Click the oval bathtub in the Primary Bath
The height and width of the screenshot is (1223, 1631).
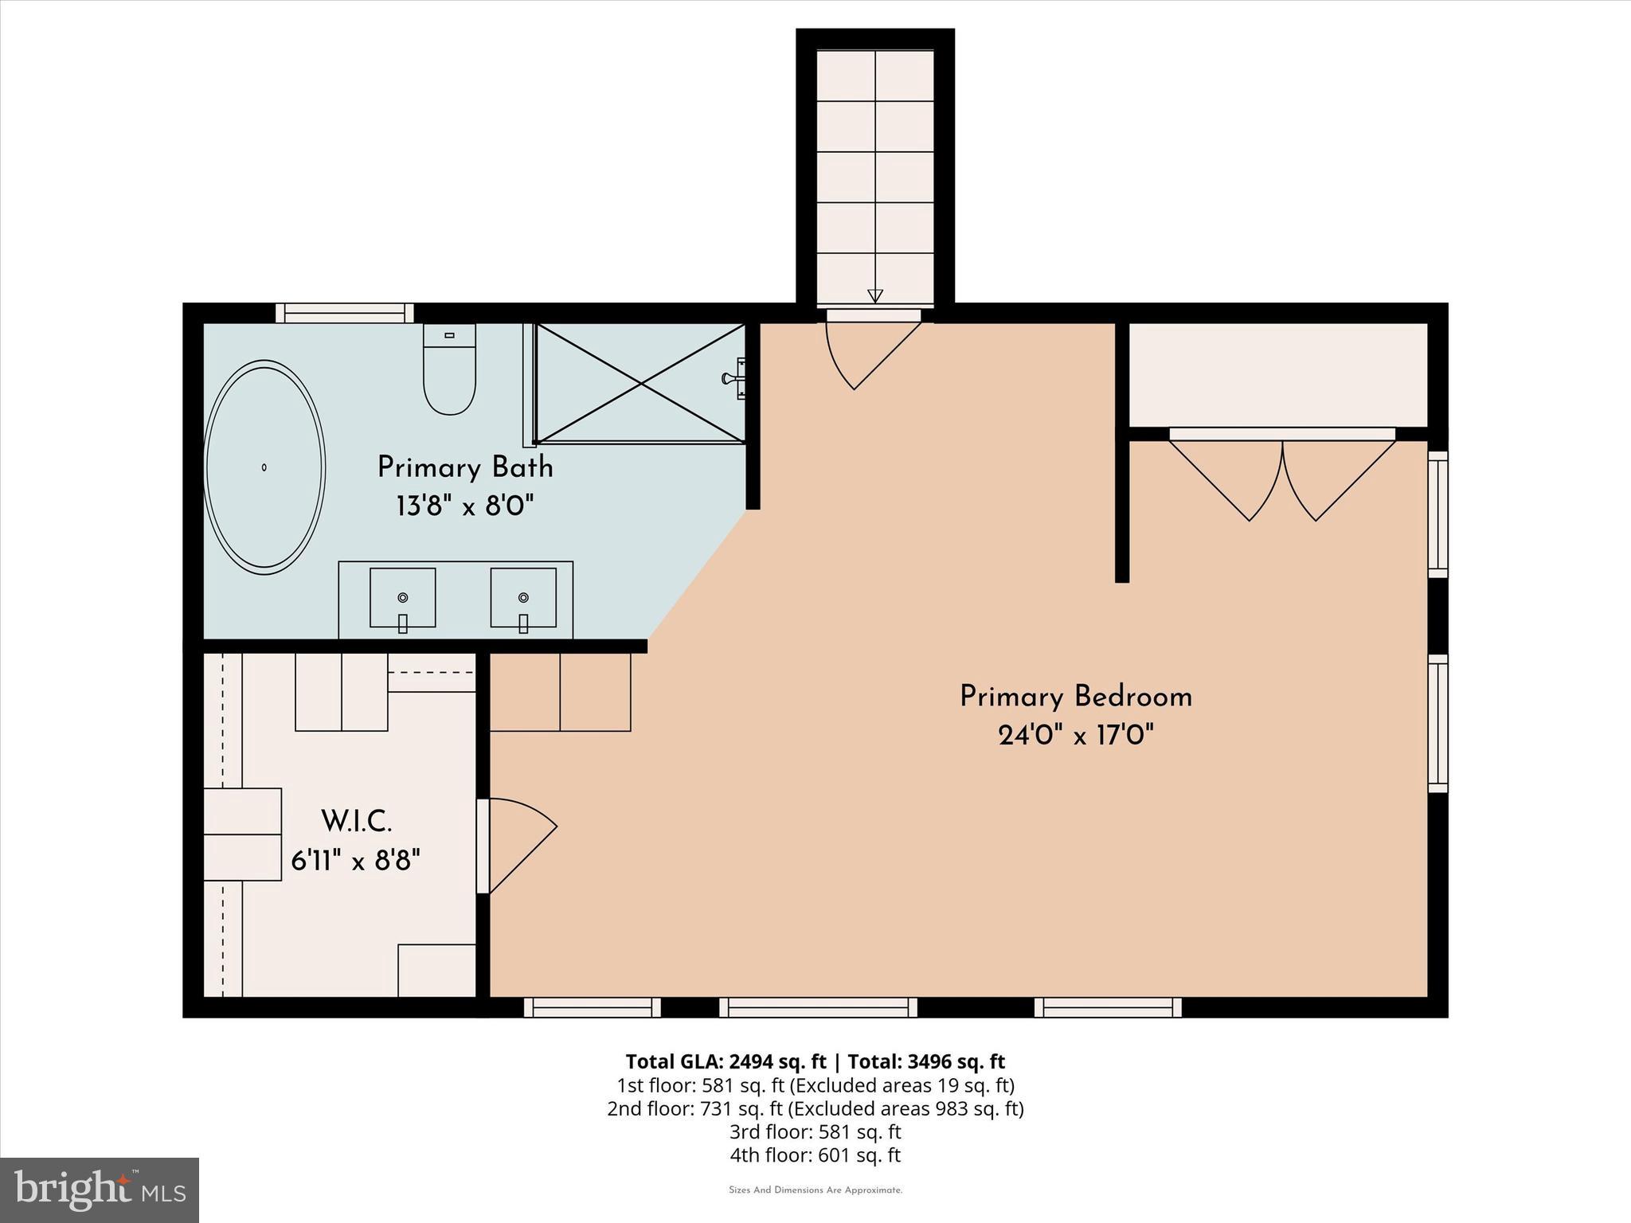click(264, 467)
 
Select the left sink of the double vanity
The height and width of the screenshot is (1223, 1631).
click(402, 598)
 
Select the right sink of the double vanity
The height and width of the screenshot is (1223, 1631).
click(523, 598)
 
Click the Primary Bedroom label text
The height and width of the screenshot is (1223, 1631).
click(1076, 697)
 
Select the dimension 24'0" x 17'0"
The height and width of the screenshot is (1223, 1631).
click(1076, 735)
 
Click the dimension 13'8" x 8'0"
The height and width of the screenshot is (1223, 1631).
click(465, 506)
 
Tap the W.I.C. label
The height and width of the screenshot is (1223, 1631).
click(356, 821)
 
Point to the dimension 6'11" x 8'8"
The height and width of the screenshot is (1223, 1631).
click(356, 860)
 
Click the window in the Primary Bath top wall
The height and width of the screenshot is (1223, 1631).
click(345, 313)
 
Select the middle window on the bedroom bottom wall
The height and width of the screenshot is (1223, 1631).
click(818, 1007)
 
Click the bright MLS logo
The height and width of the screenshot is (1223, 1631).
click(100, 1190)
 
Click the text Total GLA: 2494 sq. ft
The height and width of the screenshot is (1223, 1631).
click(726, 1061)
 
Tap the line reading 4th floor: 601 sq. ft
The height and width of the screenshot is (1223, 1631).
click(815, 1155)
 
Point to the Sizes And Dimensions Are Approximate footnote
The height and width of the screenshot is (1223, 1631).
click(815, 1190)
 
